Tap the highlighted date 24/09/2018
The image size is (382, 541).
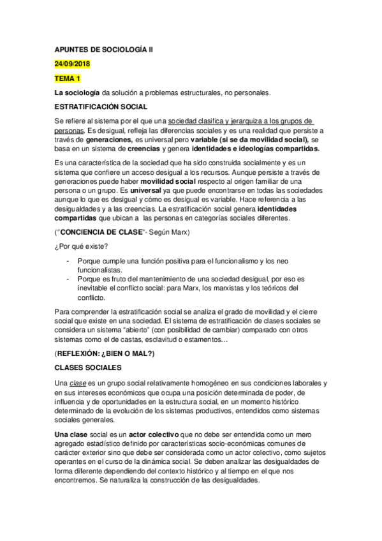coord(73,64)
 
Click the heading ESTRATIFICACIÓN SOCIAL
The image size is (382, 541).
coord(101,107)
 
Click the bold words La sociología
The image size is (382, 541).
coord(77,93)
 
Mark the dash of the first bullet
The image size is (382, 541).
coord(68,261)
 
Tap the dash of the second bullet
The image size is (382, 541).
coord(68,279)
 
